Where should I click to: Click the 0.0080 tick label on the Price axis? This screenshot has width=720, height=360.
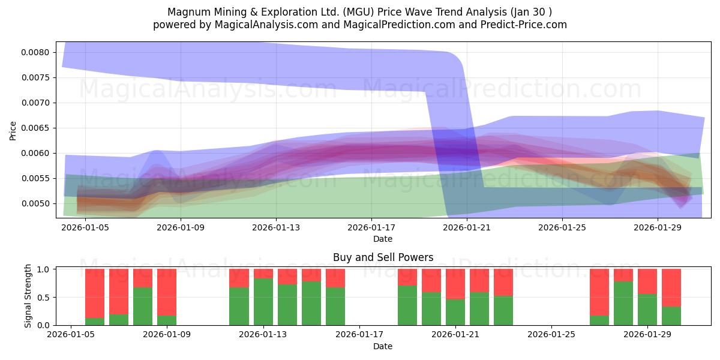[x=35, y=52]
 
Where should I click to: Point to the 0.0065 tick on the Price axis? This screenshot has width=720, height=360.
[x=35, y=128]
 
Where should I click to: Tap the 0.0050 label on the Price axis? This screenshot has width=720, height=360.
[x=35, y=203]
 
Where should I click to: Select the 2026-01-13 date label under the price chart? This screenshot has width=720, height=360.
[x=276, y=227]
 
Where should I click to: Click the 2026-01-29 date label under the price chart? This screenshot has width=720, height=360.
[x=658, y=227]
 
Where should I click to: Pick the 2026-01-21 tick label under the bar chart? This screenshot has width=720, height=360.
[x=455, y=334]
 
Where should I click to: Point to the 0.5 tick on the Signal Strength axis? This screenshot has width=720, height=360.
[x=43, y=298]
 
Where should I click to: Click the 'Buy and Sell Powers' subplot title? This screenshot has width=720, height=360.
[x=383, y=257]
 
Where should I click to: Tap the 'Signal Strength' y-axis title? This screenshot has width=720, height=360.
[x=28, y=296]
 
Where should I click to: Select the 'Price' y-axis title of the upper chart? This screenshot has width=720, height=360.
[x=13, y=131]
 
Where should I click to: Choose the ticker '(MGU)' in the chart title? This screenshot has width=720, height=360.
[x=358, y=12]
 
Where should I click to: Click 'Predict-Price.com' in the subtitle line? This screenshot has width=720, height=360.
[x=524, y=25]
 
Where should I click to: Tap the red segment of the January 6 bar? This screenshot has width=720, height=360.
[x=95, y=293]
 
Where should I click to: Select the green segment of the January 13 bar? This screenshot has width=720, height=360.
[x=263, y=302]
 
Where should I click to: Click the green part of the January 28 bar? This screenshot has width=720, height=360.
[x=623, y=304]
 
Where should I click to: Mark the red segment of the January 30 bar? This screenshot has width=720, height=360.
[x=671, y=287]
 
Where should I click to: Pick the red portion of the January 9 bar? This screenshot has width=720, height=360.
[x=167, y=292]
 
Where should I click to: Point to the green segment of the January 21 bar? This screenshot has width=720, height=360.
[x=455, y=313]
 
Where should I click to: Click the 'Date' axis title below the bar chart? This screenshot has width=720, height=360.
[x=383, y=346]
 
